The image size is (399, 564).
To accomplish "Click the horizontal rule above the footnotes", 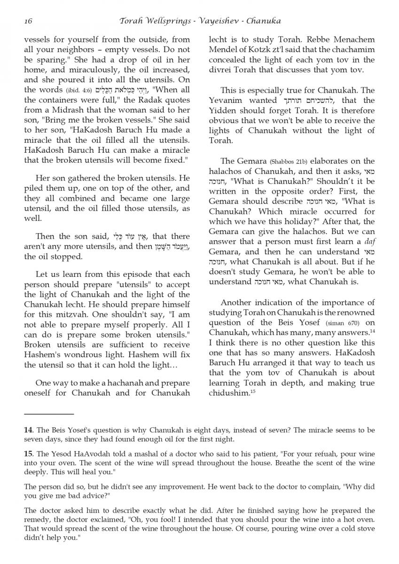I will [49, 414].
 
